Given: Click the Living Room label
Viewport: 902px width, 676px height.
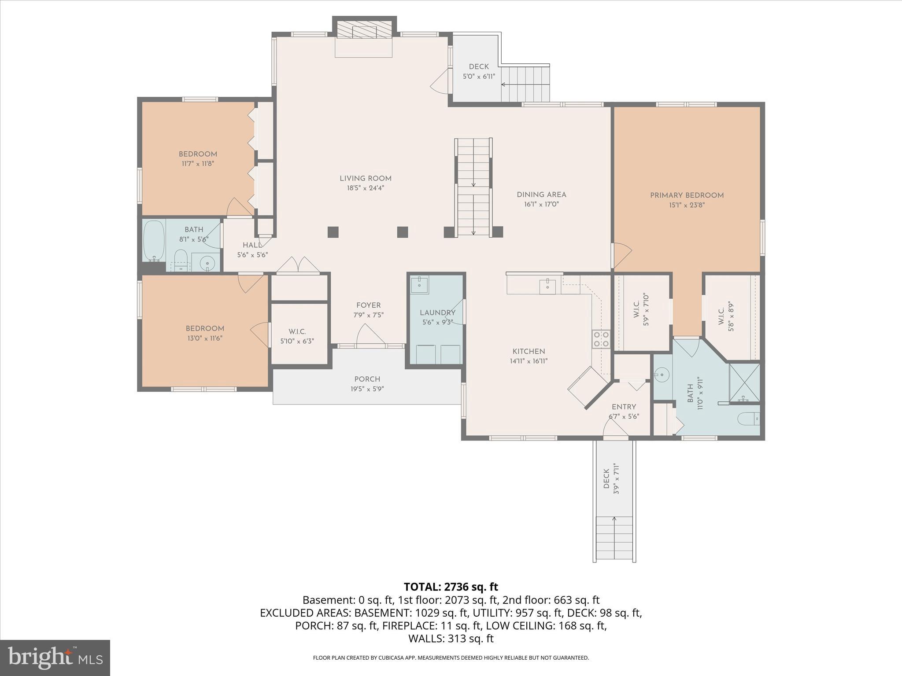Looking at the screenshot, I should click(365, 178).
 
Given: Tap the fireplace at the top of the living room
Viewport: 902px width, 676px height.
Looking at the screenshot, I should click(364, 31).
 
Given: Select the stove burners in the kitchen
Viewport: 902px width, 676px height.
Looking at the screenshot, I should click(601, 338).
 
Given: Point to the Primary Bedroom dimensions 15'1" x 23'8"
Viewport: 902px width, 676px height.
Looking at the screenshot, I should click(687, 205).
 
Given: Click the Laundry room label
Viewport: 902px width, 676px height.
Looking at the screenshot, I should click(437, 312).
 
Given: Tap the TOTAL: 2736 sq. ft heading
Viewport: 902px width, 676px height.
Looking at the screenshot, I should click(451, 587).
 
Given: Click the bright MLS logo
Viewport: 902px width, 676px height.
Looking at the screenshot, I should click(55, 658).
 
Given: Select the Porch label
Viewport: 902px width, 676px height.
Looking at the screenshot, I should click(367, 379).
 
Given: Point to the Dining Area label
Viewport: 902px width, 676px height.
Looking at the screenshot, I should click(541, 195).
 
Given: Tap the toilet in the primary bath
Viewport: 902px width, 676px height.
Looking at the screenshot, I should click(749, 419).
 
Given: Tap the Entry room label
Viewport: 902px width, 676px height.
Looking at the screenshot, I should click(624, 407).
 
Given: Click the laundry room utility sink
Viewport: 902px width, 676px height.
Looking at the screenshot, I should click(420, 284).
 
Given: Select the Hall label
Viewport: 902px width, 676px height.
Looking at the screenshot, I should click(252, 245).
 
